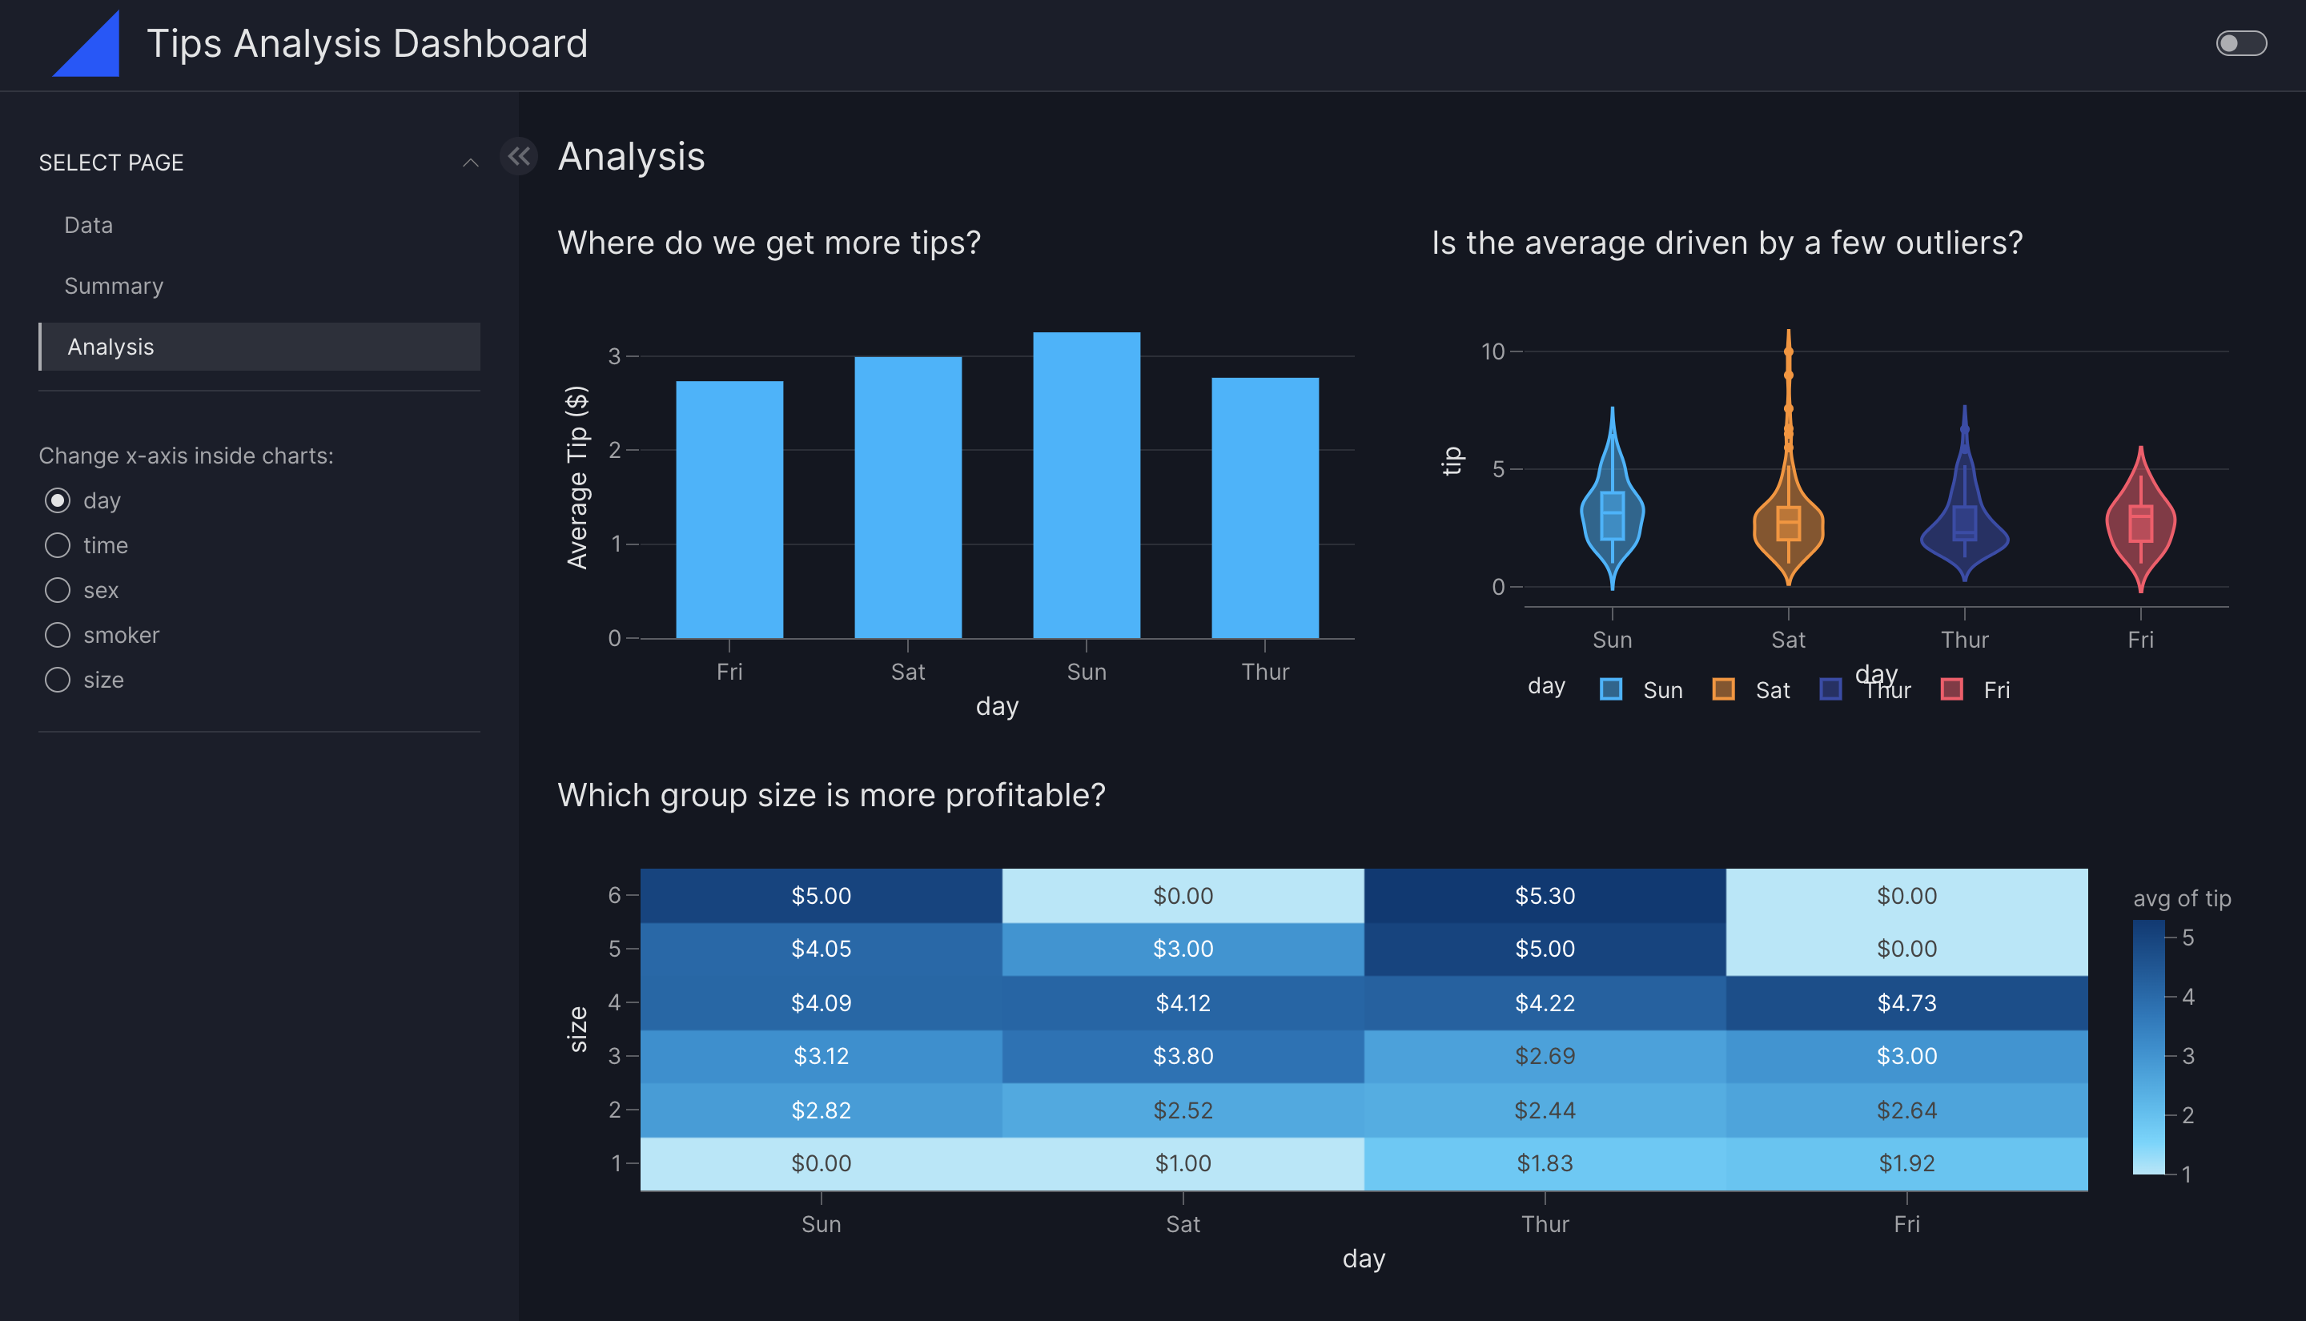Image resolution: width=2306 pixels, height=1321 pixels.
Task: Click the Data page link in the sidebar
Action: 89,225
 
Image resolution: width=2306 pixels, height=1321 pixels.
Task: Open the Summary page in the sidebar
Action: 114,286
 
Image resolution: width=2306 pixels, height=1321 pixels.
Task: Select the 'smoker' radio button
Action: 58,635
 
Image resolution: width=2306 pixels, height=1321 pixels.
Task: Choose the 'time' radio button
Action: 58,545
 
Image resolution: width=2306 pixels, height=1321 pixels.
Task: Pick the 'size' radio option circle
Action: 58,680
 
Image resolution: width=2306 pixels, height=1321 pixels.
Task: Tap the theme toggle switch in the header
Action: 2240,43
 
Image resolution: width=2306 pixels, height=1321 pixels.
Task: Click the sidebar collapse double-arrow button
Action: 519,156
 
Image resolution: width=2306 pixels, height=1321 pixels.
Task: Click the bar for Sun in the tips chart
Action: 1086,485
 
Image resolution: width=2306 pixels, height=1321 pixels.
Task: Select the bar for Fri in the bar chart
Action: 729,509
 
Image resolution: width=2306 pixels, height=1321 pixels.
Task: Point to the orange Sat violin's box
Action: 1788,524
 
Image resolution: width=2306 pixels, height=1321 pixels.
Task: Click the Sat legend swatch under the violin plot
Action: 1724,689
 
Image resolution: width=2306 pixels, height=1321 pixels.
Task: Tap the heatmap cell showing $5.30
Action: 1544,896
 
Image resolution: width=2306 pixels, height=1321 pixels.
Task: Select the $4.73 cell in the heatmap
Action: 1906,1002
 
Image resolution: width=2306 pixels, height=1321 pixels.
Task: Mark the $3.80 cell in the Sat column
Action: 1182,1056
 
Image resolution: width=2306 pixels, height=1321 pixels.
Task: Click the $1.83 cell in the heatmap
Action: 1544,1163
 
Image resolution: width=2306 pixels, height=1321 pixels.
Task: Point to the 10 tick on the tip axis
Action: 1492,351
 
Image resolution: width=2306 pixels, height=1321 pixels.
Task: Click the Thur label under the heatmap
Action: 1544,1224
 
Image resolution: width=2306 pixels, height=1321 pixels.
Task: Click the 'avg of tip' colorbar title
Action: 2181,898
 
